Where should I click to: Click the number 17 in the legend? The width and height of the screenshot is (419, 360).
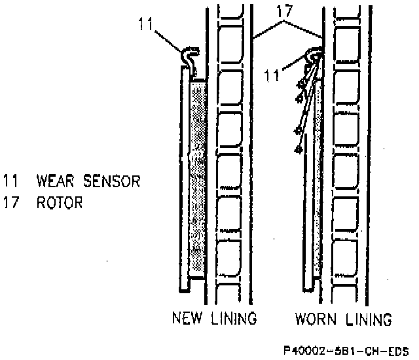pos(10,202)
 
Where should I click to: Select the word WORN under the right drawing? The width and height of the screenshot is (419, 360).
pos(316,319)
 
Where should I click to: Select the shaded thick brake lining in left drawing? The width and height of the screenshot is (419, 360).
pos(198,177)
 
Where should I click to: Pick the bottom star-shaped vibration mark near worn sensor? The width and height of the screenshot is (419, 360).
pos(299,150)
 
